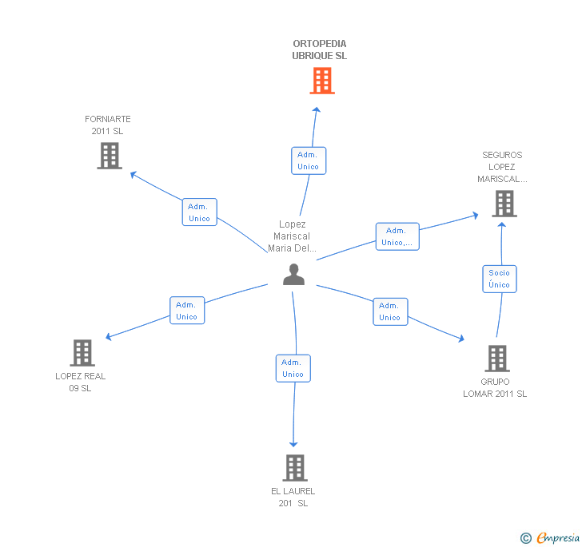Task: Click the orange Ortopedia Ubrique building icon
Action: (x=321, y=81)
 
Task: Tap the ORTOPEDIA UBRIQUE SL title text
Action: (x=320, y=50)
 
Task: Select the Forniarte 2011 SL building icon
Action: (x=110, y=156)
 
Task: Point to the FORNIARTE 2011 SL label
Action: (x=108, y=125)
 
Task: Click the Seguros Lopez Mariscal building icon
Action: (x=504, y=204)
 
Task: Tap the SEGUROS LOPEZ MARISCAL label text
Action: (x=502, y=167)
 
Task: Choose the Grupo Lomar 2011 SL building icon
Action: (x=497, y=359)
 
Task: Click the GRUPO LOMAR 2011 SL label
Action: (x=495, y=387)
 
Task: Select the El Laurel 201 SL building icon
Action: (x=295, y=467)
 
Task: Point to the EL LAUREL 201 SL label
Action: (x=293, y=497)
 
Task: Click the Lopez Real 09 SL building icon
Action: (x=82, y=352)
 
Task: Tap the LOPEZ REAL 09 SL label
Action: (x=81, y=382)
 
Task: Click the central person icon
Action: (x=294, y=275)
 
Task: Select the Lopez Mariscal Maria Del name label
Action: (x=293, y=236)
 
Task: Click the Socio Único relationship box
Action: (x=500, y=279)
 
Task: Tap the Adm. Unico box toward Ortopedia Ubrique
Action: (x=308, y=161)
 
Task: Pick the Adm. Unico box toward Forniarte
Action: (x=199, y=212)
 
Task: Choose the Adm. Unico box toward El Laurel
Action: (x=293, y=368)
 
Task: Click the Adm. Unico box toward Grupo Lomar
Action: (x=390, y=311)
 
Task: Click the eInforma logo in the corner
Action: (x=551, y=537)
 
